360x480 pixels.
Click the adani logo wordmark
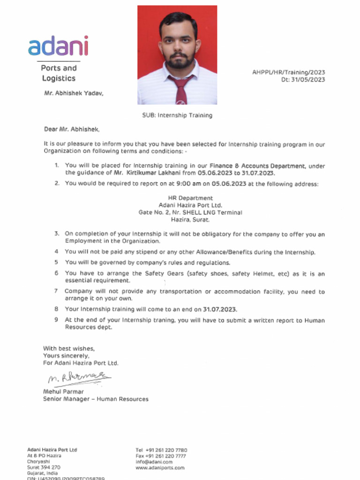[58, 46]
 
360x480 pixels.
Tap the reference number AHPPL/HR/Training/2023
[288, 72]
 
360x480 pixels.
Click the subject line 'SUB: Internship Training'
[177, 115]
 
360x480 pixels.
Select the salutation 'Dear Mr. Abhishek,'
[72, 129]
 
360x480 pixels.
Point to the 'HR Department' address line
[190, 198]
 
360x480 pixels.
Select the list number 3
[57, 233]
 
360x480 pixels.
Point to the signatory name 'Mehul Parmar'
[64, 391]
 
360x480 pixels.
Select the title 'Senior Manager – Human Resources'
[96, 399]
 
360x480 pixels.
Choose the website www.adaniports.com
[160, 468]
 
